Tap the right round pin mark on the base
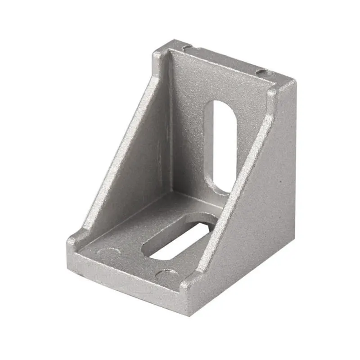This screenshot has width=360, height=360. [167, 273]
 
